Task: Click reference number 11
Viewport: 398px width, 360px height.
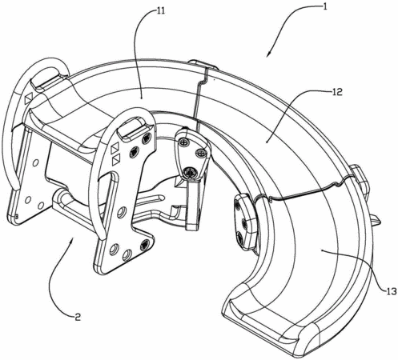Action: pos(161,11)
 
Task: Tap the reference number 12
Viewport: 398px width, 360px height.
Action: pos(337,92)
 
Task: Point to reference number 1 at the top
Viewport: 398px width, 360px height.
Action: pos(324,6)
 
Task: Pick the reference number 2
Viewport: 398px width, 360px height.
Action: pos(77,317)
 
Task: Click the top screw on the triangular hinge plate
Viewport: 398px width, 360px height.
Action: pos(183,142)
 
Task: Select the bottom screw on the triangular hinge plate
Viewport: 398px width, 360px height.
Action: pos(191,173)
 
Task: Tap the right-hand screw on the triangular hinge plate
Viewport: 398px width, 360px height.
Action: pos(201,154)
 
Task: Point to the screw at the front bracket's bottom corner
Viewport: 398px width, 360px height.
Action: pos(145,244)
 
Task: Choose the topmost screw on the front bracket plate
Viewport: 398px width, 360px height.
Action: pos(147,139)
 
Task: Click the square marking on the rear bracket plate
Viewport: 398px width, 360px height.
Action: pos(28,98)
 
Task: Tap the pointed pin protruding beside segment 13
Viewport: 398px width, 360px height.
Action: pos(376,220)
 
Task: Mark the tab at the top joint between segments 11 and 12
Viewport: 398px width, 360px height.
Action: pos(203,65)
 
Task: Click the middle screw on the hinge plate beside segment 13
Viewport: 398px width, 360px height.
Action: pos(243,222)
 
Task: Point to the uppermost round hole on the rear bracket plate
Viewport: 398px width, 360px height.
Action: pos(35,162)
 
